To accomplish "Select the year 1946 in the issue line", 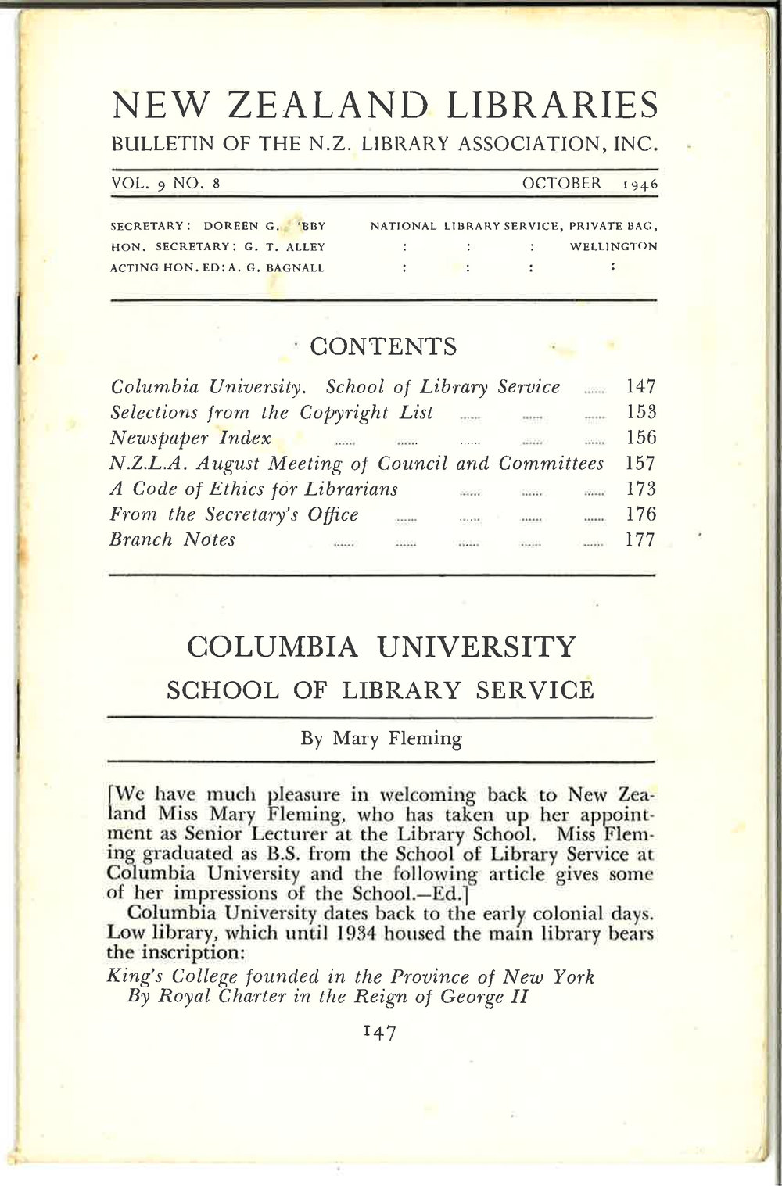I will click(640, 185).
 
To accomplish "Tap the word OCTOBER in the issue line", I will click(561, 184).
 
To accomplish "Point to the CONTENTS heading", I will click(383, 346).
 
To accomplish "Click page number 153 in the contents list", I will click(640, 412).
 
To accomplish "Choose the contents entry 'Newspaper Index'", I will click(191, 438).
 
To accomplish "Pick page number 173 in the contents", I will click(640, 489).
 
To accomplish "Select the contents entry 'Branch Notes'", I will click(173, 540).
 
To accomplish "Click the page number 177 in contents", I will click(640, 540).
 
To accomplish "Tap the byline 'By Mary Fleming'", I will click(382, 739).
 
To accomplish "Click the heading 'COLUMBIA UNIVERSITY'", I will click(382, 648).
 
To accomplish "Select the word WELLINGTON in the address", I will click(613, 246).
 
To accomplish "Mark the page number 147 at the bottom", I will click(381, 1033).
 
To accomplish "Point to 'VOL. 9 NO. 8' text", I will click(167, 184).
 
